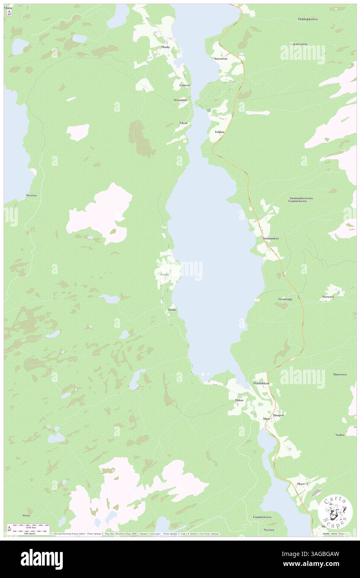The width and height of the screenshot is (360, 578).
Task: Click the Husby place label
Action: pyautogui.click(x=166, y=47)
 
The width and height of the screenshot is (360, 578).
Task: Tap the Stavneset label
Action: pyautogui.click(x=220, y=59)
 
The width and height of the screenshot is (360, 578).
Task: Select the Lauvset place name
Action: pyautogui.click(x=185, y=85)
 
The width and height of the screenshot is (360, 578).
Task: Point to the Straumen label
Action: pyautogui.click(x=180, y=100)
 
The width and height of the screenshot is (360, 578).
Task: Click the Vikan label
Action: pyautogui.click(x=183, y=123)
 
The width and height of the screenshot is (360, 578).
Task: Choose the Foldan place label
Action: pyautogui.click(x=219, y=132)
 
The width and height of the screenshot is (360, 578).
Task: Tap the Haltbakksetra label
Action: pyautogui.click(x=308, y=19)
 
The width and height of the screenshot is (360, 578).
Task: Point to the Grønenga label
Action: pyautogui.click(x=285, y=299)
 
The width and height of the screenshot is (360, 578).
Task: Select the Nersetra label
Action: pyautogui.click(x=328, y=297)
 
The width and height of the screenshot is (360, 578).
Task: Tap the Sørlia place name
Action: pyautogui.click(x=172, y=310)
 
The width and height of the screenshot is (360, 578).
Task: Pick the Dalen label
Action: pyautogui.click(x=239, y=400)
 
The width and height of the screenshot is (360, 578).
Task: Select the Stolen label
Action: pyautogui.click(x=340, y=435)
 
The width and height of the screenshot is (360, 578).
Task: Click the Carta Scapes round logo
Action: pyautogui.click(x=335, y=511)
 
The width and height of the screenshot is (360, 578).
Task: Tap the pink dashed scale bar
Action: pyautogui.click(x=29, y=526)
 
